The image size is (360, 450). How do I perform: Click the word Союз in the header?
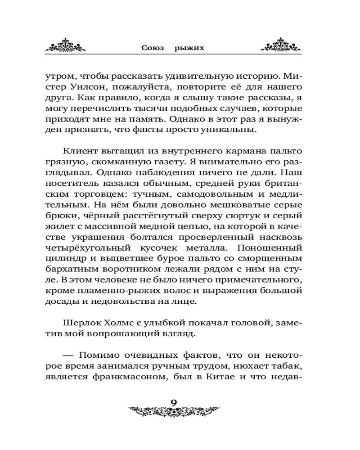[153, 47]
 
